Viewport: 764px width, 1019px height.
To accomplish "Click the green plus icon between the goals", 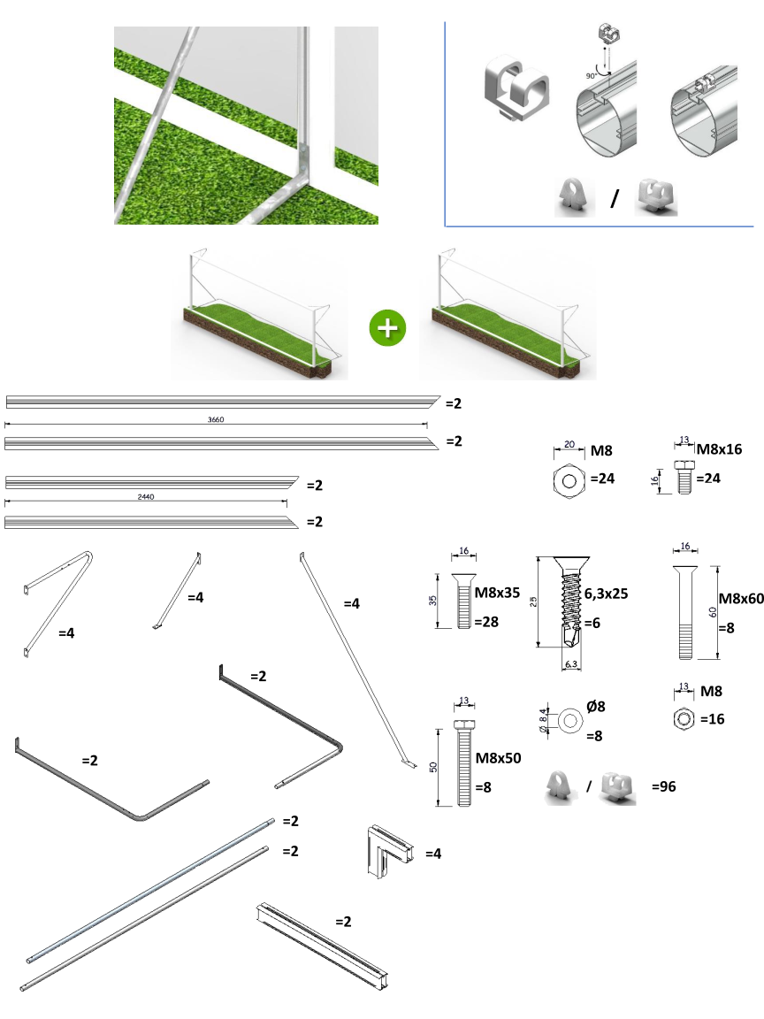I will pos(386,327).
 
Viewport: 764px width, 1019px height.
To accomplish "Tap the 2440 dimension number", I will pos(147,498).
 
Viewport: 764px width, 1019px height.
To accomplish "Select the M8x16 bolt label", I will pos(719,449).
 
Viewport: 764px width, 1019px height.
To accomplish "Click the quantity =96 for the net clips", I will pos(663,785).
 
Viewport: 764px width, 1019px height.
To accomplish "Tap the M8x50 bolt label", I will pos(499,758).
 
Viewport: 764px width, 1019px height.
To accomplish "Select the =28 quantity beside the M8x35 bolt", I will pos(486,622).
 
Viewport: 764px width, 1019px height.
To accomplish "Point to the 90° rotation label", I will pos(590,76).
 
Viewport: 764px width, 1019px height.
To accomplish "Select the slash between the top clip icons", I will pos(614,199).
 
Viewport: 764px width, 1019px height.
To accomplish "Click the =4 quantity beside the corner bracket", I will pos(433,854).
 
